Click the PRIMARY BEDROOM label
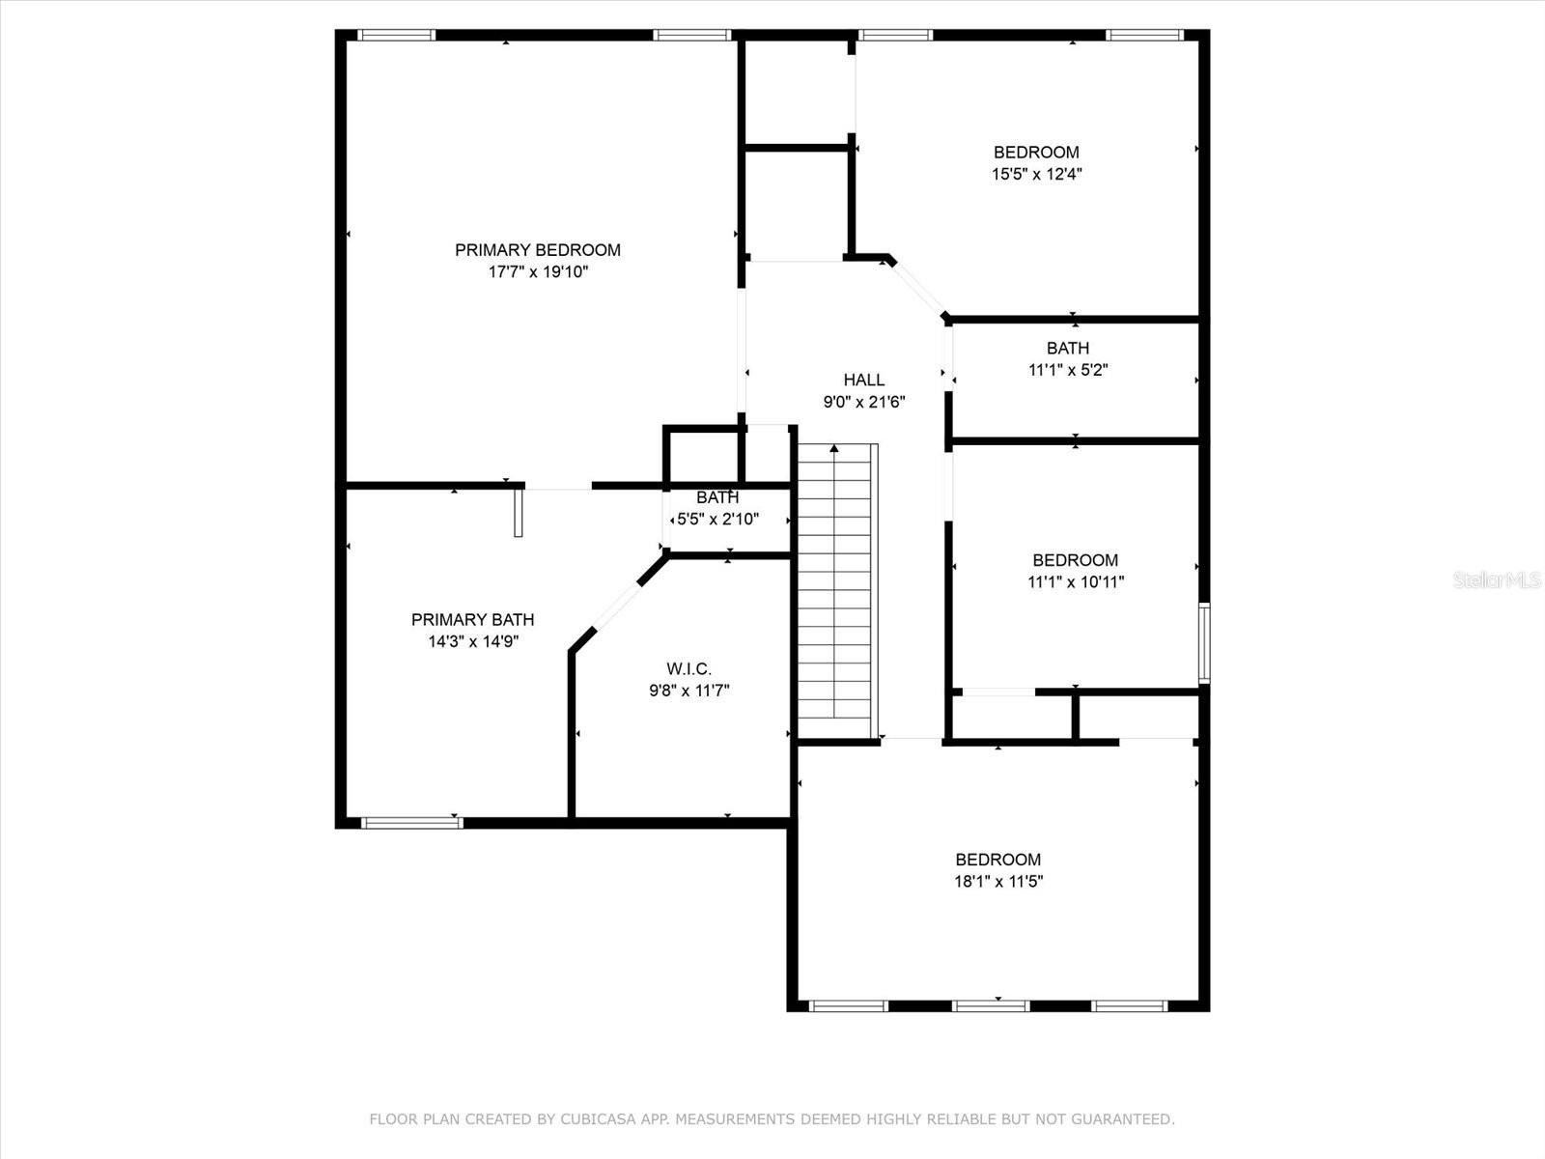point(538,250)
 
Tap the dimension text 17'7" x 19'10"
point(538,271)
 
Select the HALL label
point(863,380)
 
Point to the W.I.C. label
point(689,668)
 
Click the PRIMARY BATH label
point(472,620)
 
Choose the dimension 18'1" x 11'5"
point(998,881)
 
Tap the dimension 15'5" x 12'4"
point(1036,174)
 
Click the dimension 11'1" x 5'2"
point(1068,370)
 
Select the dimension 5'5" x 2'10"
point(718,520)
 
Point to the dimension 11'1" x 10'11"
point(1076,582)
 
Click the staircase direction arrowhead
point(834,448)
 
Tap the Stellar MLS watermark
point(1497,579)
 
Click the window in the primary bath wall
point(411,823)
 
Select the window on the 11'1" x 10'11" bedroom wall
point(1204,642)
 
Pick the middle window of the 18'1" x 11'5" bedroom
point(991,1006)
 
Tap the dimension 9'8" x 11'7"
point(689,691)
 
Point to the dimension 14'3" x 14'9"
point(473,641)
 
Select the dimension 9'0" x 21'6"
point(864,402)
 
